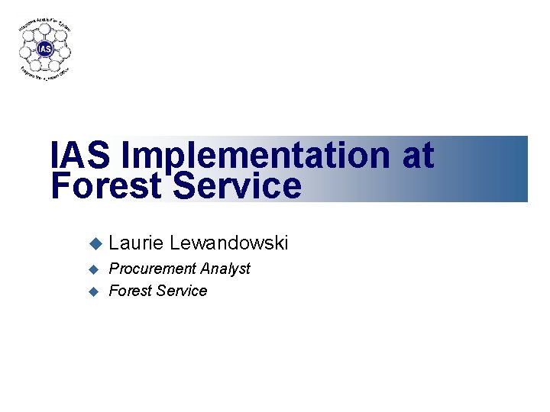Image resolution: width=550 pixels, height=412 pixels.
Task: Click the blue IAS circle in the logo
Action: click(x=45, y=50)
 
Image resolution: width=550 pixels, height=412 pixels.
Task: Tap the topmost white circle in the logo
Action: click(x=45, y=30)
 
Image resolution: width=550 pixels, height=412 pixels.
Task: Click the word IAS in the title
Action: click(x=80, y=156)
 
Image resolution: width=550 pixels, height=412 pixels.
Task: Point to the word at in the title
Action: click(x=417, y=156)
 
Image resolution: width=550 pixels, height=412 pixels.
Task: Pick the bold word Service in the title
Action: click(x=238, y=186)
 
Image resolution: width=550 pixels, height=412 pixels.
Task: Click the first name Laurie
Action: click(x=136, y=243)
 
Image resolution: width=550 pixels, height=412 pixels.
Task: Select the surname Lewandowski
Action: click(x=229, y=243)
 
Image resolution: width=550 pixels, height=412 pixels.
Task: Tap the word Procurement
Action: click(x=153, y=269)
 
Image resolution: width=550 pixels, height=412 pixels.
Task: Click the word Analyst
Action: click(x=225, y=269)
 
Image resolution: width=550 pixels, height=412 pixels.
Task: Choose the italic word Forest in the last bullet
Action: click(x=130, y=291)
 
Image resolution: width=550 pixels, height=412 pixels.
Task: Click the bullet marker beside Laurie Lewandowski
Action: click(x=95, y=244)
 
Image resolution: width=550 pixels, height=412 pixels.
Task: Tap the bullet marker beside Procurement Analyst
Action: click(x=95, y=269)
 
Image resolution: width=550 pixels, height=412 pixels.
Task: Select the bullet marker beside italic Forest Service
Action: click(x=95, y=291)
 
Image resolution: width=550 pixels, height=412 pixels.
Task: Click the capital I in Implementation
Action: click(x=125, y=156)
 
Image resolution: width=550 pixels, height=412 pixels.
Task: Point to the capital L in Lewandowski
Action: click(x=176, y=243)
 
